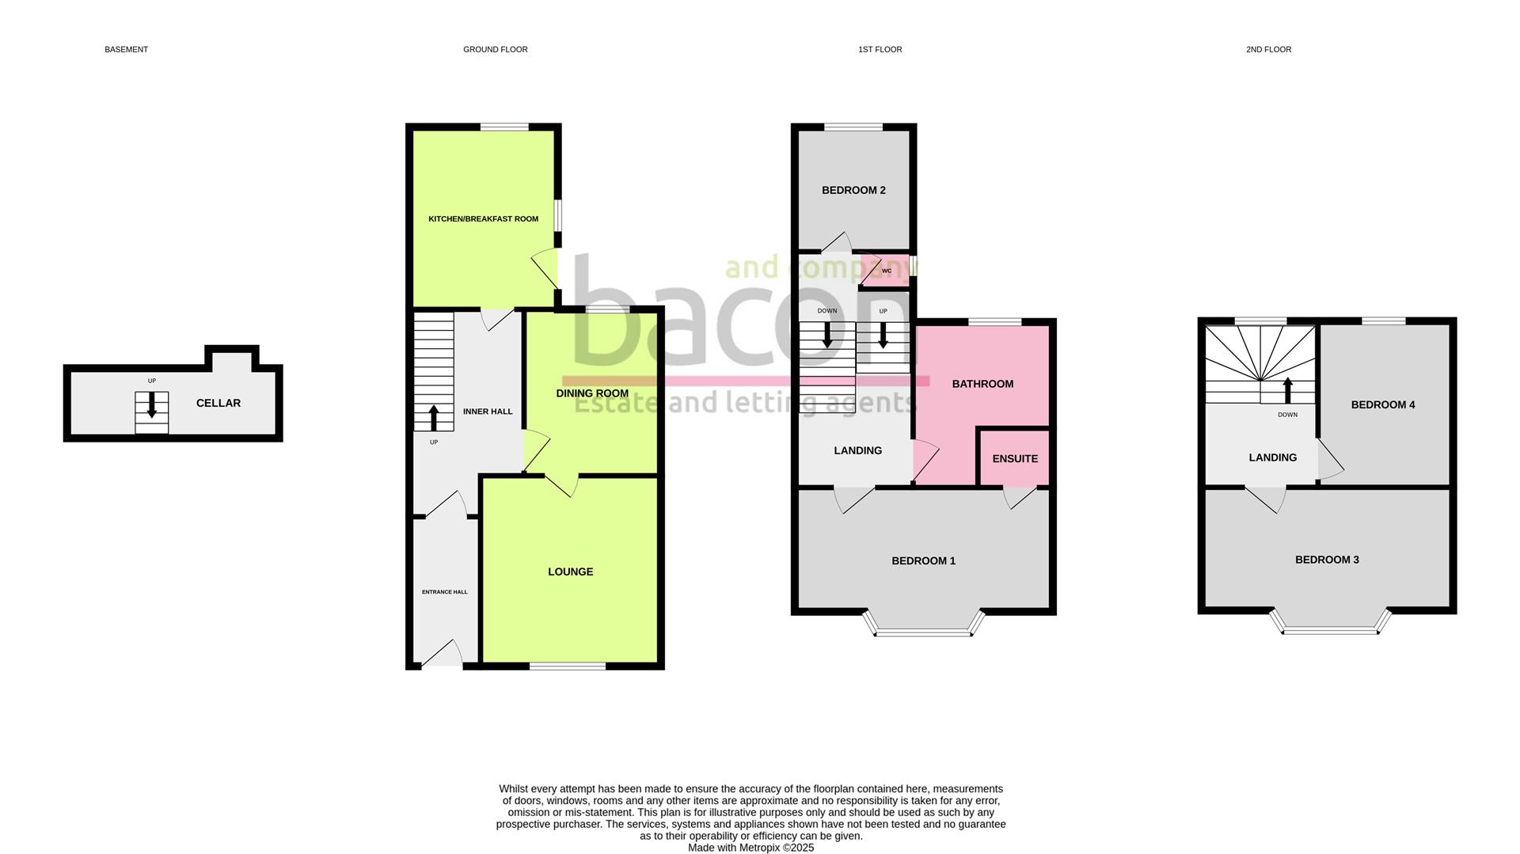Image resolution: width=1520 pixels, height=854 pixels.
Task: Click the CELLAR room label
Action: (x=218, y=403)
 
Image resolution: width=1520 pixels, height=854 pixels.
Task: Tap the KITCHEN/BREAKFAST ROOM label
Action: (x=483, y=219)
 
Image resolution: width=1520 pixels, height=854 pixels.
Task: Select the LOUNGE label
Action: (x=570, y=571)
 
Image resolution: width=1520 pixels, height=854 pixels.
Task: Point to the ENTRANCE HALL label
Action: (x=444, y=592)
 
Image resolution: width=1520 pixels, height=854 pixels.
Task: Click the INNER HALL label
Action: (x=488, y=412)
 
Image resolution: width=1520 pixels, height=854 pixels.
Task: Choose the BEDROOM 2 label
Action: (x=853, y=190)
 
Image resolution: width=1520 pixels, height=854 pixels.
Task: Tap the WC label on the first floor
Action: (x=887, y=271)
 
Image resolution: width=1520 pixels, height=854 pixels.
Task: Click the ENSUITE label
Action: (x=1015, y=458)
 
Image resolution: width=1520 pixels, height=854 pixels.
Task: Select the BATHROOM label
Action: (x=982, y=384)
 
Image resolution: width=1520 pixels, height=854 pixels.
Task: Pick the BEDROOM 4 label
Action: (x=1382, y=404)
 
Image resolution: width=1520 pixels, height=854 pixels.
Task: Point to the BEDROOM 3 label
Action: (x=1327, y=560)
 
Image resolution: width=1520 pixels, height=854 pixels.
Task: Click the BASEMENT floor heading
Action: (x=126, y=49)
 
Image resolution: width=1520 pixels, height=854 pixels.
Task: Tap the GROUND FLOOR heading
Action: (x=495, y=49)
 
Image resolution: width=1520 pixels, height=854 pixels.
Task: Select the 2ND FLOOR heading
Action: (x=1268, y=49)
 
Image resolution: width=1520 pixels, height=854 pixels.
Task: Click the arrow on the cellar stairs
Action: (x=151, y=405)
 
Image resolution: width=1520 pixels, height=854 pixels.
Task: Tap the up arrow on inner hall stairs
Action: (x=434, y=418)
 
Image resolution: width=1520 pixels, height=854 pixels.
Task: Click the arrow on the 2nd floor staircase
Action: (x=1287, y=389)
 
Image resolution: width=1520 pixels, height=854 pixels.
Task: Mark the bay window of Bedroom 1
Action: (x=924, y=630)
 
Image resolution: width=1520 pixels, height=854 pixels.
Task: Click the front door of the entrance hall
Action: (x=442, y=656)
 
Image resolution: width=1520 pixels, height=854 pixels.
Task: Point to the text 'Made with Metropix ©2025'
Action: (x=750, y=848)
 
